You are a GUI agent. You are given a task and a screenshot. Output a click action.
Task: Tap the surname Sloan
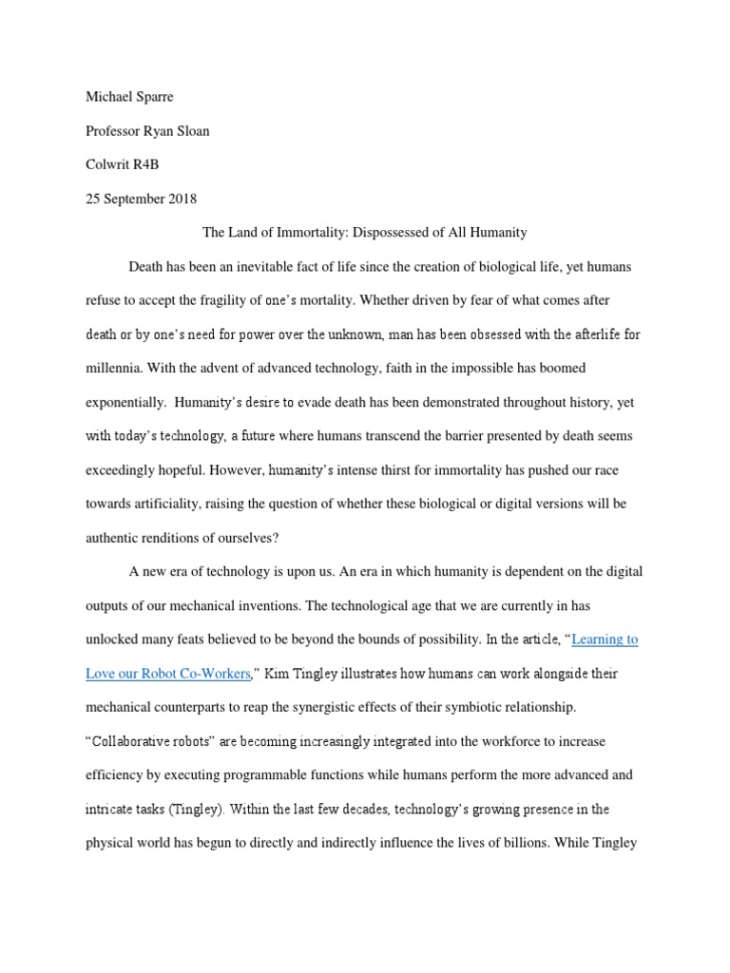click(190, 131)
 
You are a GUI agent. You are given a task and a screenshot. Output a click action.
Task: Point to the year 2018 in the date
click(180, 198)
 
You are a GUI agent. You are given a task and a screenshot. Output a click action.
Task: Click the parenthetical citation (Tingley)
click(218, 810)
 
